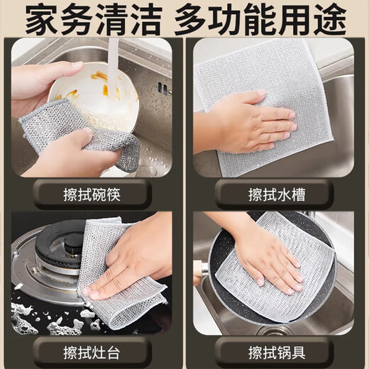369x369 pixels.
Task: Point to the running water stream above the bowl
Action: (x=113, y=57)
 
